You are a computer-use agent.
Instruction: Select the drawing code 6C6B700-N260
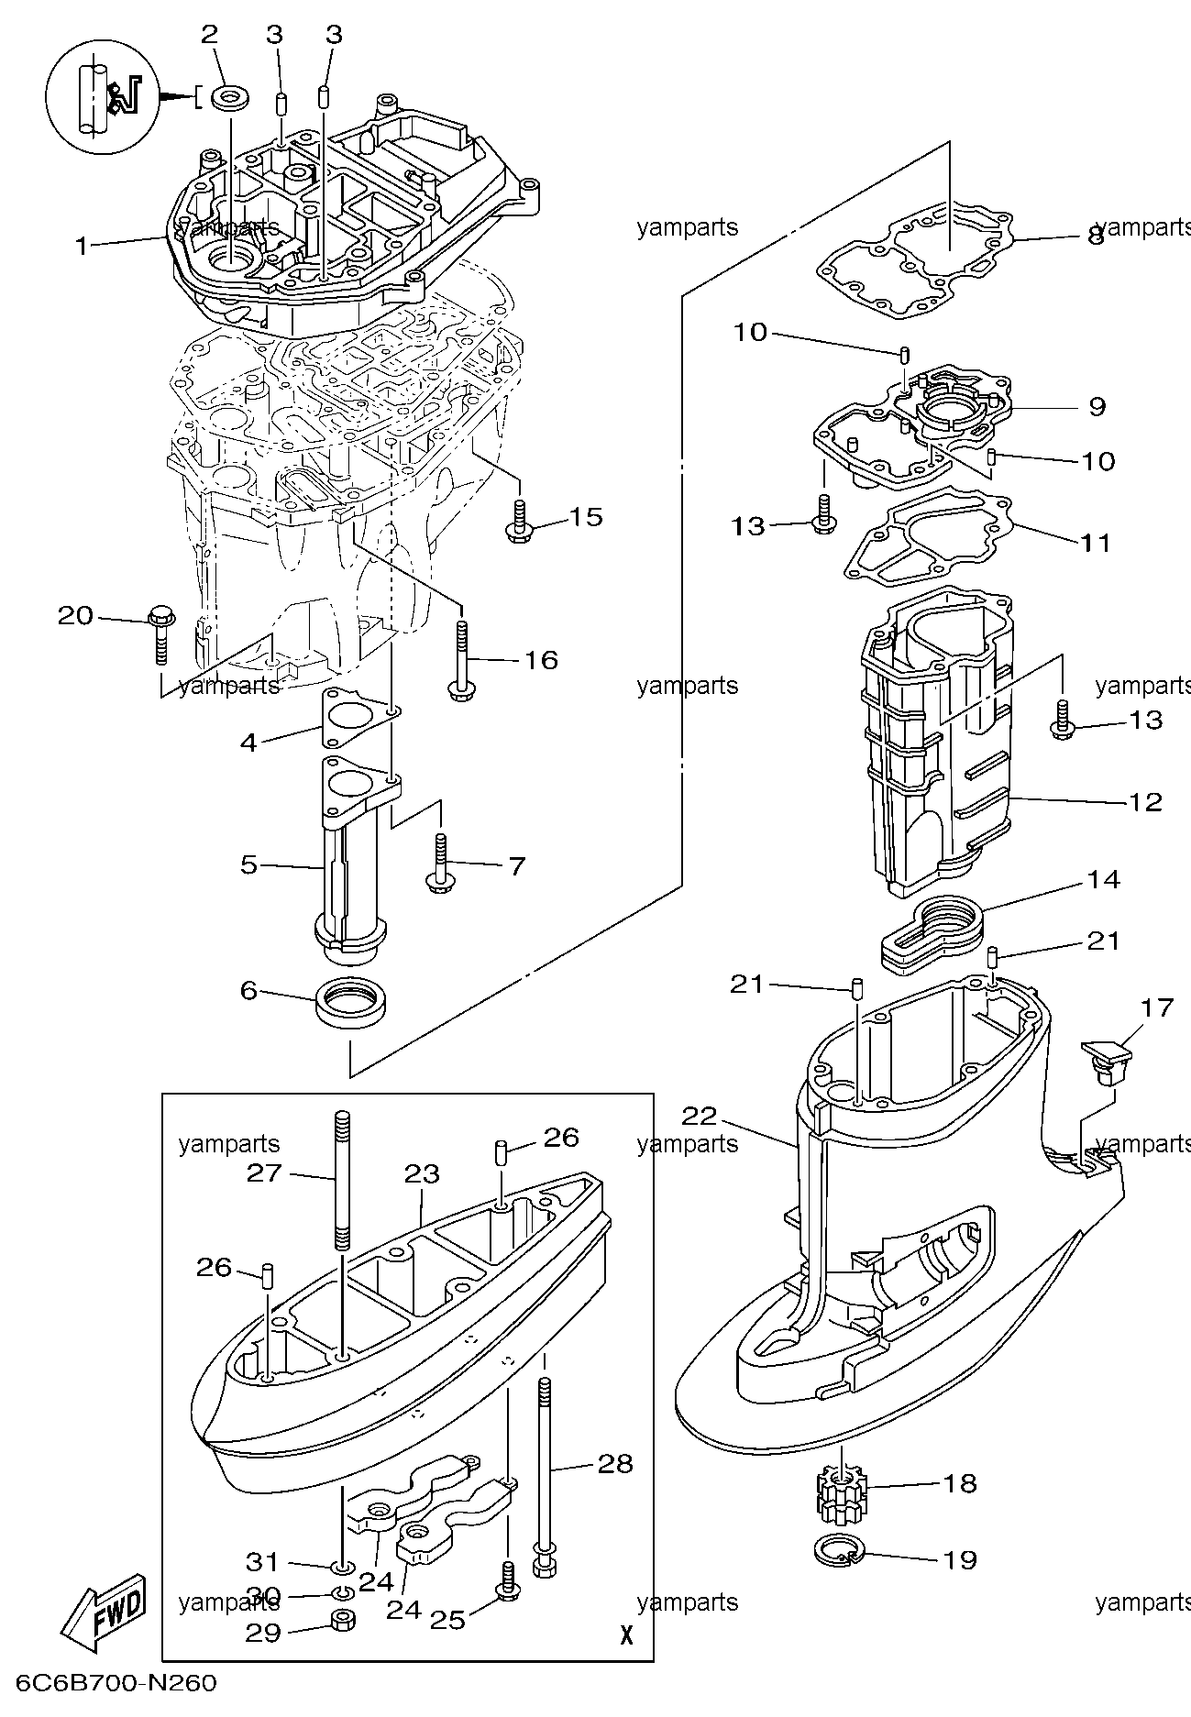click(x=114, y=1683)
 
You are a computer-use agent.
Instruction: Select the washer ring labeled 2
click(x=228, y=97)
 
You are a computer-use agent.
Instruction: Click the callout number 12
click(x=1145, y=802)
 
